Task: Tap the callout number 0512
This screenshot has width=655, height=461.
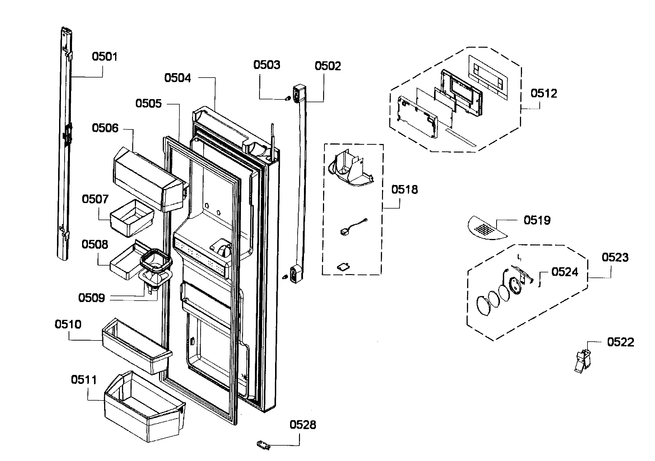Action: click(x=543, y=93)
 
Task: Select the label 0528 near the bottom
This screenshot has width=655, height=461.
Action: click(x=302, y=425)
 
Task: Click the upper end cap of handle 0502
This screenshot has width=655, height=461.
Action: click(x=299, y=93)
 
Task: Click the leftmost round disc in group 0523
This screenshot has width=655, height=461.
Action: click(x=483, y=306)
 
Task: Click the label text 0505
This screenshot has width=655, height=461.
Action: click(x=148, y=103)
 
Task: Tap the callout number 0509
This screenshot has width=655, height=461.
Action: click(x=91, y=298)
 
